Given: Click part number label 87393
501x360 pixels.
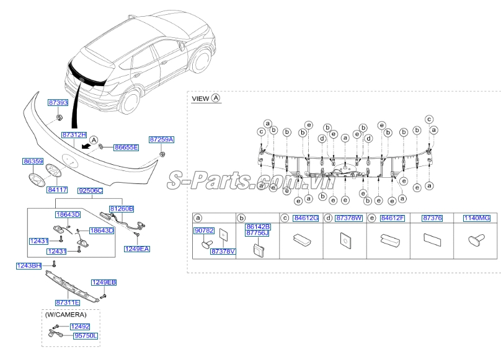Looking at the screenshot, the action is click(x=58, y=102).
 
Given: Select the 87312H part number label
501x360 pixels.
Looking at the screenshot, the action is click(x=74, y=135).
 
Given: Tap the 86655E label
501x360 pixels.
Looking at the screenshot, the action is click(x=126, y=147).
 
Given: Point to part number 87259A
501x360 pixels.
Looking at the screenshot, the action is click(x=161, y=139).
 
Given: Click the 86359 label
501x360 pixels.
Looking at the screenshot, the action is click(x=33, y=161).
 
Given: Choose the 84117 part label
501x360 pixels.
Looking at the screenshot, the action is click(x=57, y=190).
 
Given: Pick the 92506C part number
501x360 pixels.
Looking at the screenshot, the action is click(x=91, y=191).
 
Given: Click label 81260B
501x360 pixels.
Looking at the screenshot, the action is click(x=122, y=209).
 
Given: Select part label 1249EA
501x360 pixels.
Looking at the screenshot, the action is click(x=137, y=249).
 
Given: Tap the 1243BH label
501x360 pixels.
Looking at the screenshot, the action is click(x=29, y=266).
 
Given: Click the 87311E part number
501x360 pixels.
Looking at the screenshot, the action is click(x=68, y=302).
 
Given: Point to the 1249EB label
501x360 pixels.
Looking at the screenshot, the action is click(x=104, y=283).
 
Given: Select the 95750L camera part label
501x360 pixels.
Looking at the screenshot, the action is click(x=86, y=336).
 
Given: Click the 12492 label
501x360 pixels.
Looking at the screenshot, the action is click(x=80, y=327).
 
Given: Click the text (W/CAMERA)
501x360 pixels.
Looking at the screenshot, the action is click(x=66, y=315).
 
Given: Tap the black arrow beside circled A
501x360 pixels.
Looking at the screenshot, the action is click(x=85, y=146).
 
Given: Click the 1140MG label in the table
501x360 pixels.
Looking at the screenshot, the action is click(x=477, y=218).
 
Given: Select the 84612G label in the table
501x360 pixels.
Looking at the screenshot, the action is click(x=306, y=218).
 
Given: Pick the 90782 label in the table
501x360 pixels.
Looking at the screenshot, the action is click(x=204, y=230).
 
